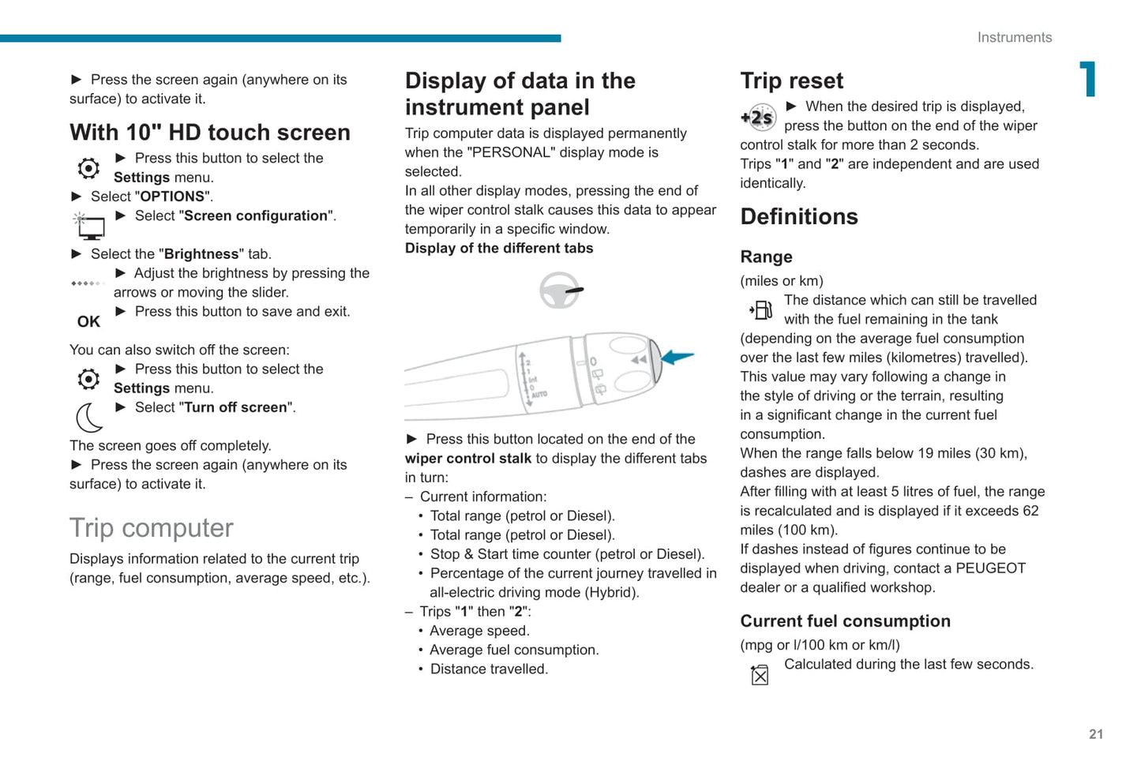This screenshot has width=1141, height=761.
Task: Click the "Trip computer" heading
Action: click(152, 527)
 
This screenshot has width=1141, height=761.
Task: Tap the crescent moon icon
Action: click(89, 417)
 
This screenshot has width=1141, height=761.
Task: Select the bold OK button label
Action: click(88, 321)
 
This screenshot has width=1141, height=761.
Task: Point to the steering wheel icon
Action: click(560, 291)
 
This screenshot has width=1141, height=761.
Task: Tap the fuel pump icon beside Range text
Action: click(761, 309)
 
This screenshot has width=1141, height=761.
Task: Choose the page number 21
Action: click(1096, 734)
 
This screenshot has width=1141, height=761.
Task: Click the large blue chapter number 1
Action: click(1088, 79)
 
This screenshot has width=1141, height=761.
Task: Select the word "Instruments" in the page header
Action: click(1014, 37)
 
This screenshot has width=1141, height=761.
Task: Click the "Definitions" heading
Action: click(799, 216)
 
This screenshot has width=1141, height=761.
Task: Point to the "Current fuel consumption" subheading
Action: click(845, 621)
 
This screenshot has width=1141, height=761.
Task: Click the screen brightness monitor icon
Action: click(89, 226)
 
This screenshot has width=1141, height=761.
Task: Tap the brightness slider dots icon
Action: click(87, 283)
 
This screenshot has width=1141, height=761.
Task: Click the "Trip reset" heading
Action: click(791, 81)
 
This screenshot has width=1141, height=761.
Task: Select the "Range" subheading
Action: click(766, 257)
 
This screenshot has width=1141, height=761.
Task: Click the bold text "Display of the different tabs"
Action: click(499, 248)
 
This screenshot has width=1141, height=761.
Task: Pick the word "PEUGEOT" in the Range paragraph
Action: click(990, 568)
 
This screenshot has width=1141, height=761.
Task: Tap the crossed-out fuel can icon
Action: click(760, 674)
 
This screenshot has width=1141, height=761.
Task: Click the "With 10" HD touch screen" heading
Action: click(210, 132)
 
